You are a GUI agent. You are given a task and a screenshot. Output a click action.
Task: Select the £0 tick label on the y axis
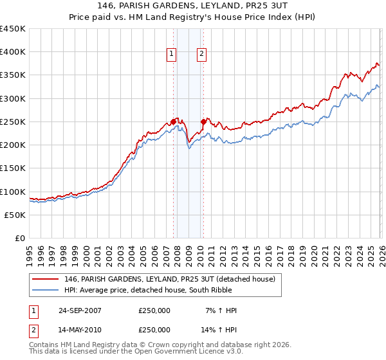[x=21, y=239]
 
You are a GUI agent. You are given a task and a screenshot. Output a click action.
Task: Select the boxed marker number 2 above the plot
[x=201, y=55]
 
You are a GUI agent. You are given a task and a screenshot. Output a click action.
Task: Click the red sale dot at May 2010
[x=203, y=122]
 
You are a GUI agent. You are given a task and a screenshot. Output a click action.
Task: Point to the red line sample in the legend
[x=46, y=279]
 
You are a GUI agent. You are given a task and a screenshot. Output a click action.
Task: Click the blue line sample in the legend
[x=46, y=290]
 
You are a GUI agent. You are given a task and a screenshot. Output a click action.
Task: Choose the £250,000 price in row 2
[x=154, y=329]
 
